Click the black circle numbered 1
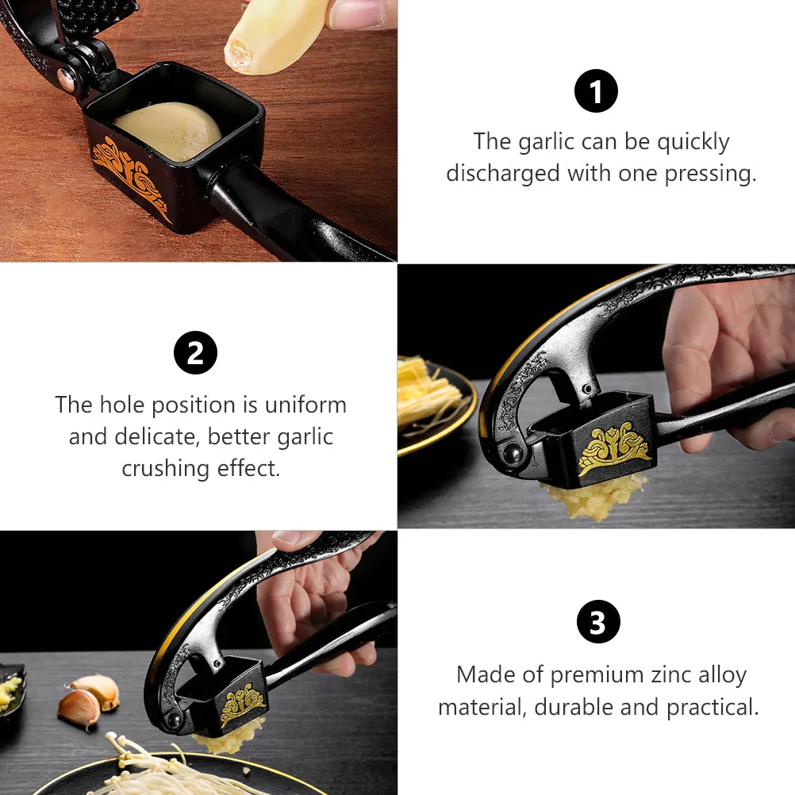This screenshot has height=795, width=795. click(x=596, y=90)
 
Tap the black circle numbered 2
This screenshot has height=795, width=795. click(x=195, y=353)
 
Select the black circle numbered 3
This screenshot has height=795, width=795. click(x=598, y=621)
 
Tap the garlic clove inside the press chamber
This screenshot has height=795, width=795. click(x=168, y=131)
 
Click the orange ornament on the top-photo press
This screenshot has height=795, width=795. click(x=132, y=175)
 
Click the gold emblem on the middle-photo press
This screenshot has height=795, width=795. click(x=614, y=449)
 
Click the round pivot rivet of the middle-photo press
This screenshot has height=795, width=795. click(x=512, y=453)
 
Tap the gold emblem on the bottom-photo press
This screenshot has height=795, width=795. click(x=242, y=704)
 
